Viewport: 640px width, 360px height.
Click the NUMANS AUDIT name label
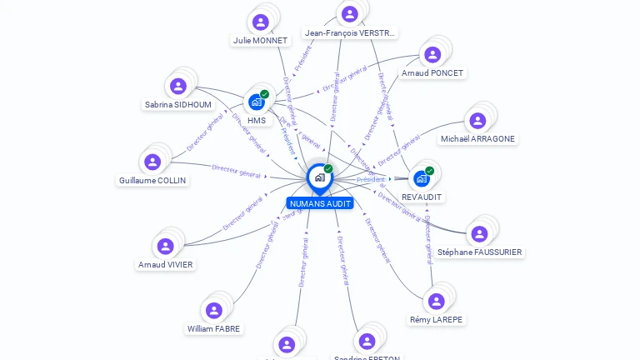[x=320, y=203]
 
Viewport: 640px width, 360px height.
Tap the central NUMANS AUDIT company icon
[x=319, y=177]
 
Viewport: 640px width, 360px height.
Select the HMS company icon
[x=257, y=102]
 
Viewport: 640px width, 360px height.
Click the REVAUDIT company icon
[x=422, y=178]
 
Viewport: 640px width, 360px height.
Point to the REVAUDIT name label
[x=422, y=197]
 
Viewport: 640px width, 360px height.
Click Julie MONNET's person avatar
[x=261, y=22]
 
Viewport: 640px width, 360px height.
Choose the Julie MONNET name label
[x=260, y=40]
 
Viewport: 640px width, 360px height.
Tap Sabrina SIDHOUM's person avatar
[x=177, y=86]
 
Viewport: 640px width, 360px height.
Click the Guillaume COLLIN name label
[x=152, y=180]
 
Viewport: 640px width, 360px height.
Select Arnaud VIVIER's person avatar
[x=165, y=246]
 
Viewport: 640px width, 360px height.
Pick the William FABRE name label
[x=214, y=328]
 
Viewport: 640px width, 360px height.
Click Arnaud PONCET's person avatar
[x=432, y=55]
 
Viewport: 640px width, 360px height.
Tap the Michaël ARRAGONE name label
[x=477, y=138]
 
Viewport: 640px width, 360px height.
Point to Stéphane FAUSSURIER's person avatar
[x=479, y=234]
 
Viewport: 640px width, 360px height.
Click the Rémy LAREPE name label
[x=437, y=319]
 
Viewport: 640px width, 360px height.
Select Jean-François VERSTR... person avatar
[x=350, y=14]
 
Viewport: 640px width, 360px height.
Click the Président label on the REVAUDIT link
[x=371, y=179]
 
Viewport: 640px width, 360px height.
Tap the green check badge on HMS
[x=264, y=94]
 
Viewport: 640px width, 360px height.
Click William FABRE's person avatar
[x=214, y=310]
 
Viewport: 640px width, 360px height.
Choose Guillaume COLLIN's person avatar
[x=152, y=162]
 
